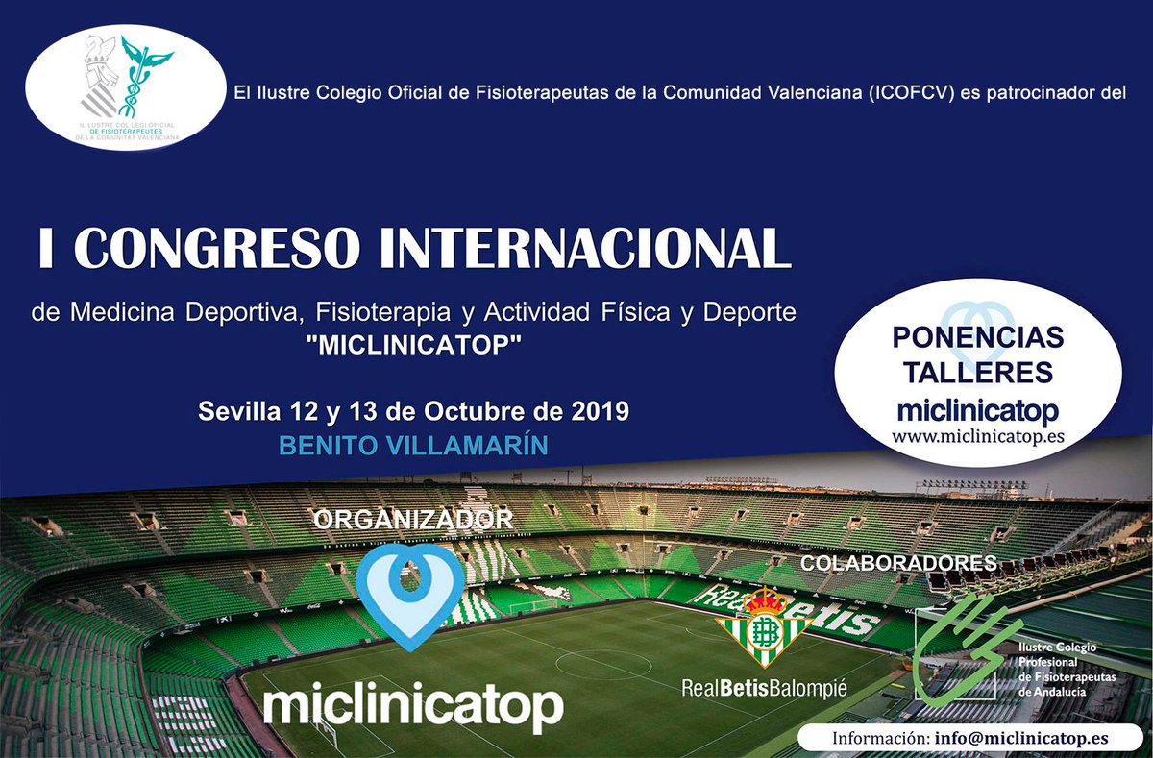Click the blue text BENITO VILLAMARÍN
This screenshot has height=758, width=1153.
click(x=413, y=446)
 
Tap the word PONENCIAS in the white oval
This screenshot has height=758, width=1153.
click(x=978, y=338)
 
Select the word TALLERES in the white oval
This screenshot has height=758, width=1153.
click(x=978, y=373)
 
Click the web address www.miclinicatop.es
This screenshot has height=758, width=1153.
click(x=978, y=435)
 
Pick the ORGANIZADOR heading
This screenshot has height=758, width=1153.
click(x=413, y=520)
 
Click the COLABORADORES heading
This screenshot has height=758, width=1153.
click(x=898, y=564)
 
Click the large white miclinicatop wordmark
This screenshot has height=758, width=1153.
click(x=412, y=706)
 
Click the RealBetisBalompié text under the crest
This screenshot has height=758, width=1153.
click(x=765, y=688)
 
